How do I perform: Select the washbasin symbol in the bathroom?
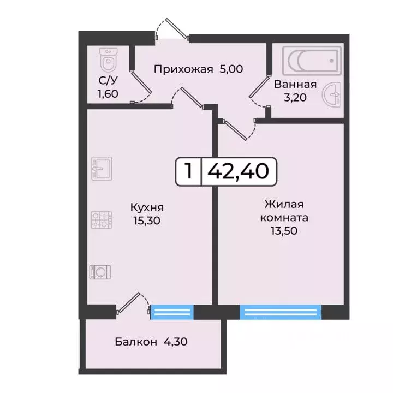click(x=332, y=96)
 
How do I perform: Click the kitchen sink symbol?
click(x=101, y=168)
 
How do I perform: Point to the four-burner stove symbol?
click(x=101, y=220)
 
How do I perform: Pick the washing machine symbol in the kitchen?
click(x=101, y=271)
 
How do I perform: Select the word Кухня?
click(x=147, y=207)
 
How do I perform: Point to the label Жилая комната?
click(x=284, y=211)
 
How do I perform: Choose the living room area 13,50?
click(x=284, y=230)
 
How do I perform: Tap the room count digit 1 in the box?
click(x=188, y=171)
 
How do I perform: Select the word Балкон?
click(x=134, y=342)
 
